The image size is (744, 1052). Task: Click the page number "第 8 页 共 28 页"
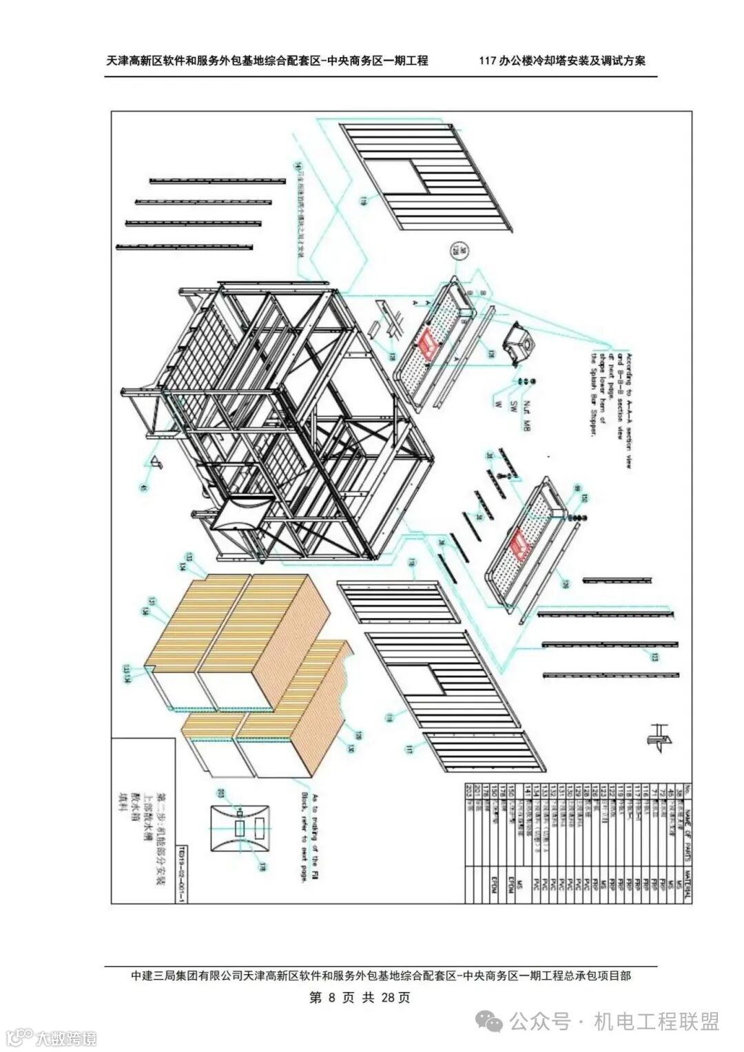[360, 998]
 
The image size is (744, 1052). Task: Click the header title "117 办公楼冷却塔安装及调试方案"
[563, 61]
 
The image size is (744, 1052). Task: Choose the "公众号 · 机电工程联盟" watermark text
[614, 1020]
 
